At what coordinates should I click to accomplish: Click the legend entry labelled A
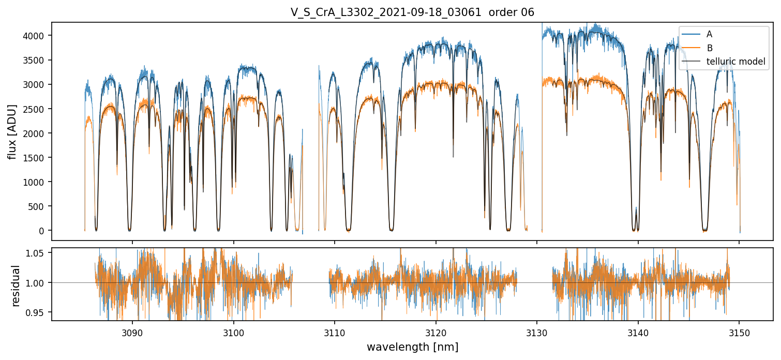[x=709, y=34]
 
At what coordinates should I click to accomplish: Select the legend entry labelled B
[x=709, y=48]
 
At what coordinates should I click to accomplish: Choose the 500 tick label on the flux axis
[x=41, y=206]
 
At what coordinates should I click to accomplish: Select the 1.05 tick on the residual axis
[x=39, y=253]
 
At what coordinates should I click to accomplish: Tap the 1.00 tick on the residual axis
[x=39, y=282]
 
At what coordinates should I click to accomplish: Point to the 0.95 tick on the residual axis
[x=39, y=312]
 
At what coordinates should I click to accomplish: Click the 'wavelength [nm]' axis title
[x=412, y=347]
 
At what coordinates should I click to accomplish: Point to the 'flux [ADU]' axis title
[x=12, y=131]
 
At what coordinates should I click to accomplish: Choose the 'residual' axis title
[x=16, y=285]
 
